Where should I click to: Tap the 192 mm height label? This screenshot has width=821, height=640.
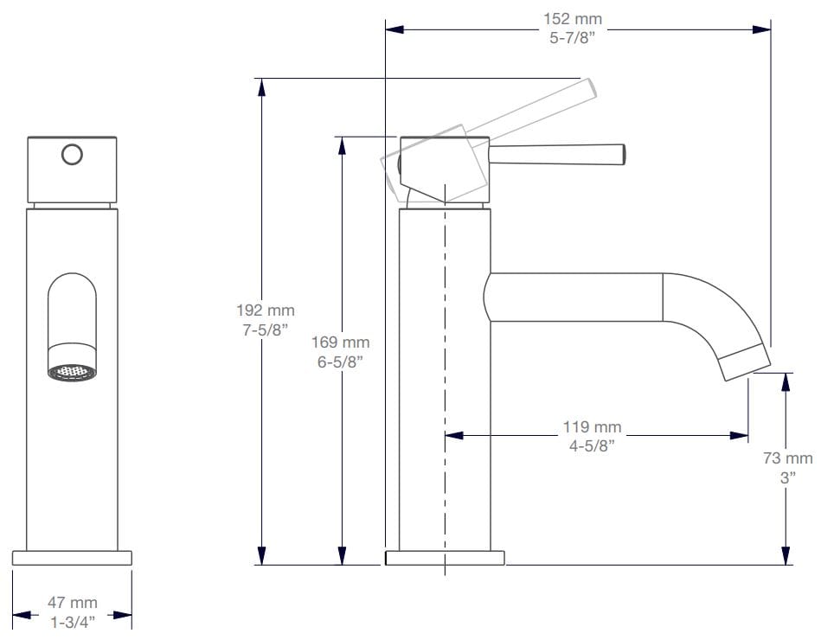pos(265,310)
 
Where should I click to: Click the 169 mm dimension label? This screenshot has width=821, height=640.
pos(340,343)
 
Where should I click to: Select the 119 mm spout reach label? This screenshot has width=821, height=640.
pos(592,427)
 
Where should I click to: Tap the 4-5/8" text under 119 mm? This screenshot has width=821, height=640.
pos(592,445)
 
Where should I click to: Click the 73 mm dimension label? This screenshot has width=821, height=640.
pos(787,458)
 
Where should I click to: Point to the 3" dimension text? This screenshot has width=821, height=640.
pos(787,477)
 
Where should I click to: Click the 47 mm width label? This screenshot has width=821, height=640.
pos(72,602)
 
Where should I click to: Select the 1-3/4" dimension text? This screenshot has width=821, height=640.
pos(72,620)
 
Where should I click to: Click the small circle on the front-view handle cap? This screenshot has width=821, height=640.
pos(73,155)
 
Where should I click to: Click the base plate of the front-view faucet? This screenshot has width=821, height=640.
pos(72,558)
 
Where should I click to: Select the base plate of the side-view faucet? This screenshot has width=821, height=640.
pos(445,558)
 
